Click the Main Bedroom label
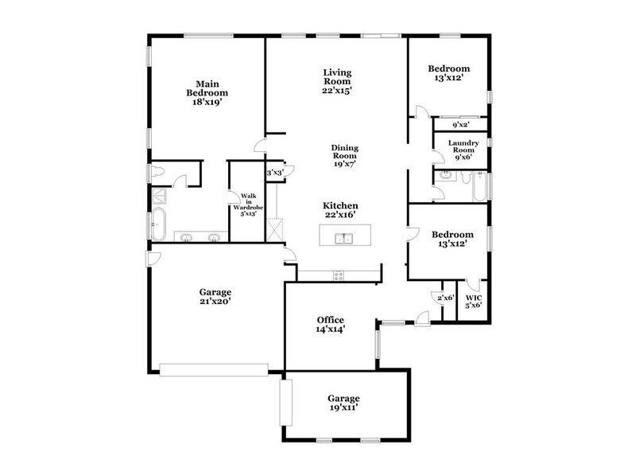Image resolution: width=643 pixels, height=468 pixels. click(x=203, y=92)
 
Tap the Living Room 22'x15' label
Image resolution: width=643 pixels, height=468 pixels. click(x=337, y=81)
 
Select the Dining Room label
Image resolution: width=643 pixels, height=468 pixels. click(x=345, y=155)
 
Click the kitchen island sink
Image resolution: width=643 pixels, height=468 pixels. click(x=344, y=237)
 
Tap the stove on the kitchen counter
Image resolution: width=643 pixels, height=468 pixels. click(x=338, y=276)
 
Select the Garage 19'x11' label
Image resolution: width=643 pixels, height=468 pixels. click(x=343, y=403)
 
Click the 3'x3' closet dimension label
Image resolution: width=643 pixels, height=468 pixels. click(x=275, y=172)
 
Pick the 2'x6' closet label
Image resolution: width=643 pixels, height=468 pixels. click(x=445, y=298)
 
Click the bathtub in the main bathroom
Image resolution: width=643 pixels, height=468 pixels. click(x=158, y=223)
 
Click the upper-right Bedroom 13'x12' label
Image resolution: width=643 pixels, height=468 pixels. click(x=448, y=72)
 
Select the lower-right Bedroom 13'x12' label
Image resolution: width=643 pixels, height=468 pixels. click(x=452, y=239)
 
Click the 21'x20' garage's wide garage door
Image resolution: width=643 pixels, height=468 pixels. click(x=213, y=369)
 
